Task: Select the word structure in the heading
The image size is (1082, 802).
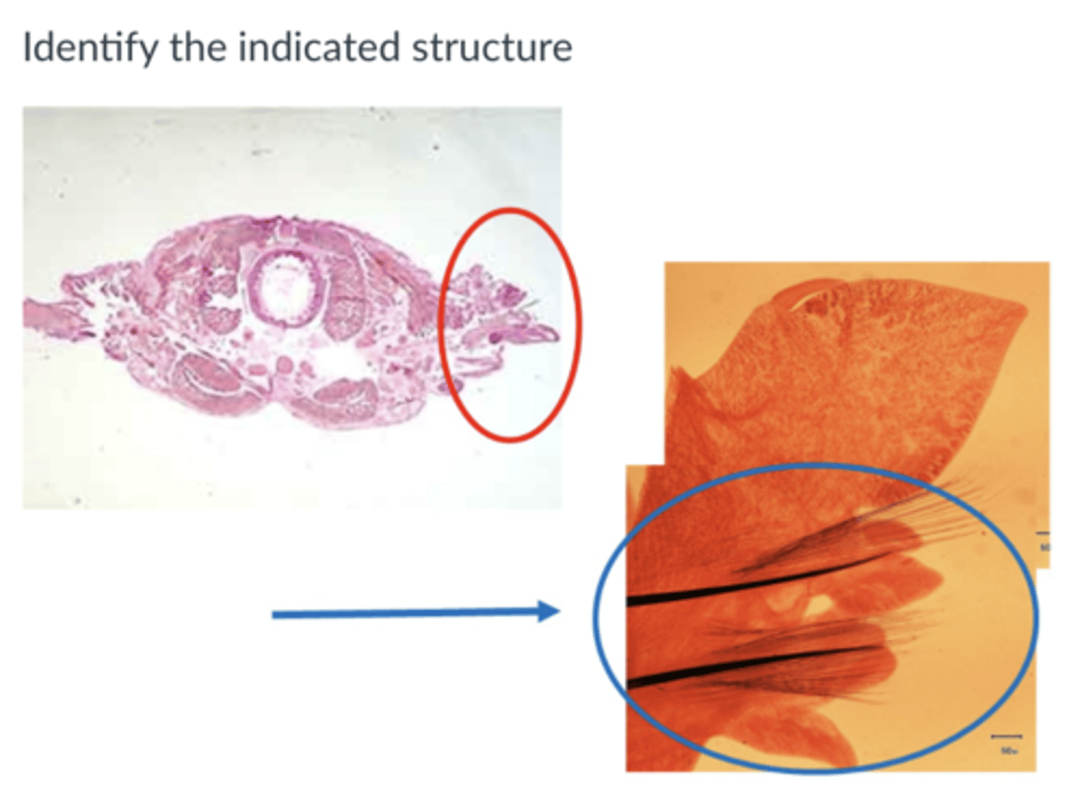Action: (491, 48)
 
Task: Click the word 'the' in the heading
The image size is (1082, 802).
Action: (198, 48)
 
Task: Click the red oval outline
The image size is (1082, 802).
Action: (579, 323)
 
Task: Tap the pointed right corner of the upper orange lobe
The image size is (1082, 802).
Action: (1023, 307)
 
